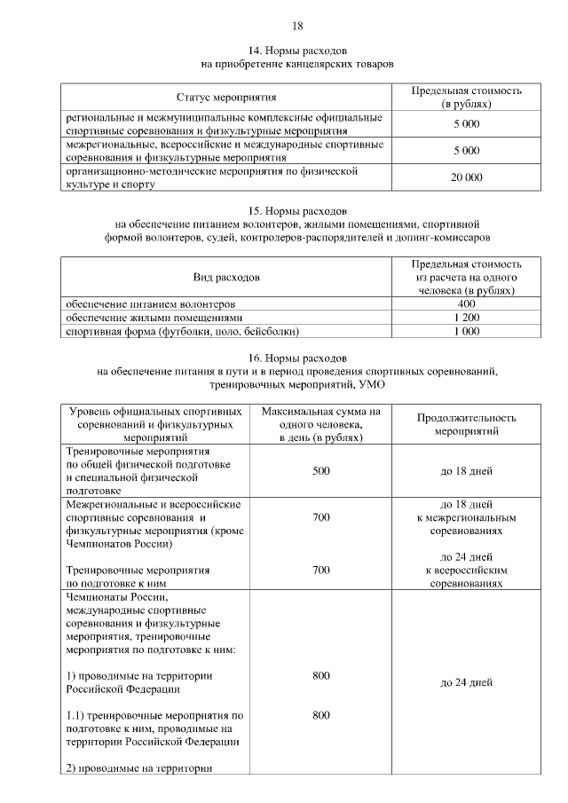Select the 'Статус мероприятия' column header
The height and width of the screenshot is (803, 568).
pyautogui.click(x=226, y=97)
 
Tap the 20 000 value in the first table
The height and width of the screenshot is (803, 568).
pyautogui.click(x=466, y=177)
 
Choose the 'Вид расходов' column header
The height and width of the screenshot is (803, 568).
pyautogui.click(x=226, y=277)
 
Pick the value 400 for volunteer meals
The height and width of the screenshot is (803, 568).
pyautogui.click(x=466, y=303)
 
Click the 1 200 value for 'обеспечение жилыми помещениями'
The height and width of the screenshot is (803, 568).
pyautogui.click(x=466, y=317)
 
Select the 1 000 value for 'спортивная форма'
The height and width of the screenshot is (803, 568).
pyautogui.click(x=466, y=331)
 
